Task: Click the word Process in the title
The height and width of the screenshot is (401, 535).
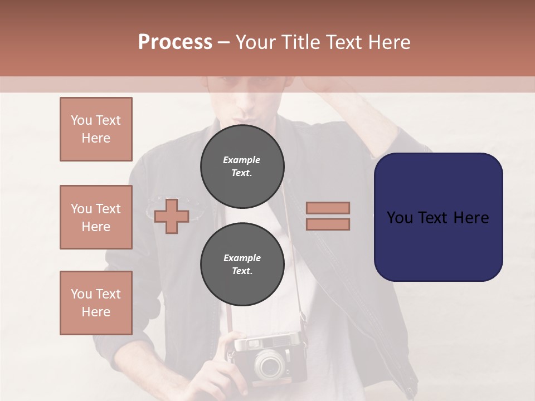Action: (175, 42)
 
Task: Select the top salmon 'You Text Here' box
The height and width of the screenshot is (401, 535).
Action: (96, 129)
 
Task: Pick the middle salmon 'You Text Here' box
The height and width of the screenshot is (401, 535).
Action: (96, 217)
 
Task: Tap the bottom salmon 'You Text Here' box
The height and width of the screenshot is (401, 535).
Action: (96, 303)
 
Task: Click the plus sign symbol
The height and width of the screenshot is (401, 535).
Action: (172, 216)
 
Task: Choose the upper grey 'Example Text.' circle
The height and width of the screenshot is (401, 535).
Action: (242, 167)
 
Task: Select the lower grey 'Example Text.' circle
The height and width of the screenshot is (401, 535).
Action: (242, 265)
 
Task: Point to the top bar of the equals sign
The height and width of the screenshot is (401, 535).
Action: (328, 208)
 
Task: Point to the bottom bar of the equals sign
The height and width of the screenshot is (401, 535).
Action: (328, 224)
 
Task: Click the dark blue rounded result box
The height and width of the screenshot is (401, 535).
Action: (438, 217)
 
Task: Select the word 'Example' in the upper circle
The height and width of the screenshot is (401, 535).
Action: (242, 160)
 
